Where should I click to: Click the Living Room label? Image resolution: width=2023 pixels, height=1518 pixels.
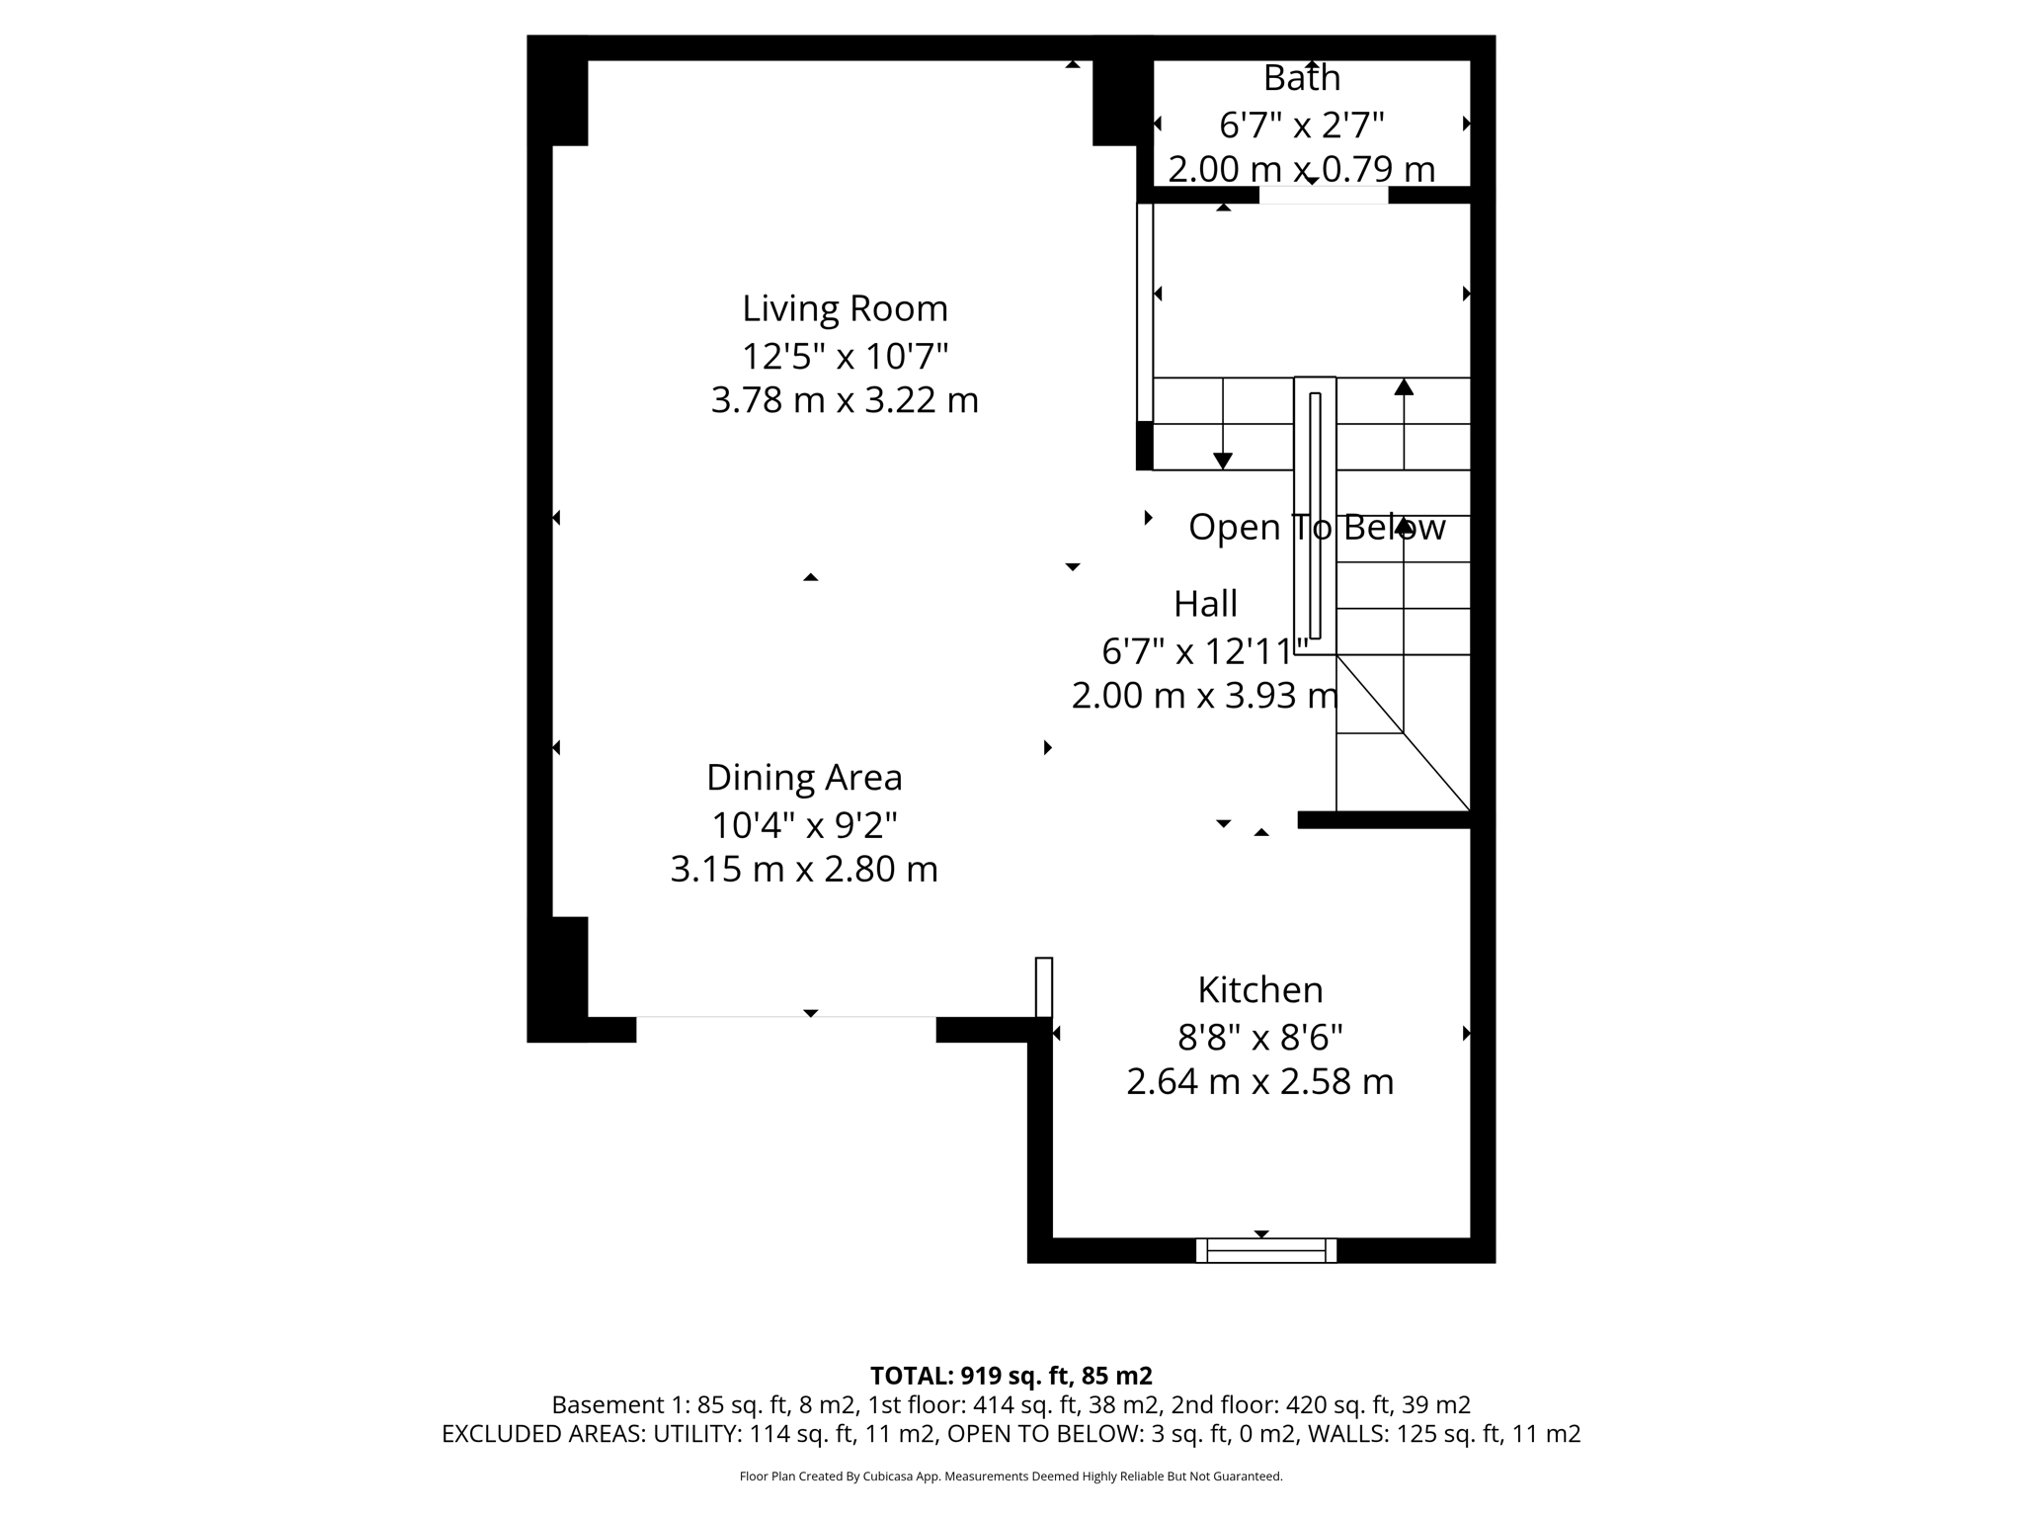click(x=845, y=309)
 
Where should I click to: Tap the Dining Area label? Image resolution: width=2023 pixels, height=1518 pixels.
click(x=804, y=778)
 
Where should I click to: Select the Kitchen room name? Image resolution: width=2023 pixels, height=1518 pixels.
click(x=1259, y=989)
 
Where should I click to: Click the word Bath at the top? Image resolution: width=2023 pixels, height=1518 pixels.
click(x=1301, y=77)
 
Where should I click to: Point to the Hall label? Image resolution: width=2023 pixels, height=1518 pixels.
click(x=1205, y=603)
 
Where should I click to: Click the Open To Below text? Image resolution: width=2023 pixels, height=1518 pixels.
click(x=1316, y=528)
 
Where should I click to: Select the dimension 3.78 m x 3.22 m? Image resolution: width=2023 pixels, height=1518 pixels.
click(x=845, y=400)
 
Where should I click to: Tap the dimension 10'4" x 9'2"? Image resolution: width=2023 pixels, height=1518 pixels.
click(x=804, y=823)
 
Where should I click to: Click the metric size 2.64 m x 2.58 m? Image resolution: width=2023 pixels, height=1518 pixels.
click(x=1259, y=1081)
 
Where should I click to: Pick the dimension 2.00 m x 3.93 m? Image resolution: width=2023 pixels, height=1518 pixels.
click(x=1205, y=696)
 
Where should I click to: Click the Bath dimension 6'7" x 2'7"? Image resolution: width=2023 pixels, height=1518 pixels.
click(x=1301, y=126)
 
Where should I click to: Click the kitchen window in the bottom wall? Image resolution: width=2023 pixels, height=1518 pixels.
click(x=1265, y=1251)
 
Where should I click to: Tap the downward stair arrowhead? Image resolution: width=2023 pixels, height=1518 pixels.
click(x=1223, y=461)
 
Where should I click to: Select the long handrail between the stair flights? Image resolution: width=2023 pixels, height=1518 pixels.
click(x=1315, y=515)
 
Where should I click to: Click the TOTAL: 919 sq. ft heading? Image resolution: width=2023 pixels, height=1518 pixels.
click(x=1011, y=1376)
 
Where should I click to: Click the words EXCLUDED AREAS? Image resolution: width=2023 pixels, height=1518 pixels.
click(x=542, y=1434)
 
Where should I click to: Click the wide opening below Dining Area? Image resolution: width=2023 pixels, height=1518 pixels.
click(x=785, y=1017)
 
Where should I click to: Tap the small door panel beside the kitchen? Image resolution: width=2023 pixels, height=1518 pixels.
click(x=1044, y=986)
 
